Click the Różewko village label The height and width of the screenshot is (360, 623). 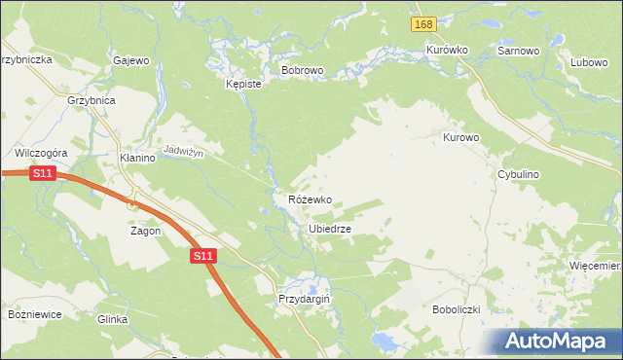(310, 199)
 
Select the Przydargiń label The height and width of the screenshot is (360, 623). (305, 300)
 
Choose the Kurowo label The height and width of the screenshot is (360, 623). (461, 138)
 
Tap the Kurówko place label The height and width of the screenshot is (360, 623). (448, 50)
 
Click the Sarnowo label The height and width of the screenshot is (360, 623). (518, 50)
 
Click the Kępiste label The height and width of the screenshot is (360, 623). (243, 85)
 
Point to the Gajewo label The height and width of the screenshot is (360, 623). (131, 60)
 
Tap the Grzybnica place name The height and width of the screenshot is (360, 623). (92, 100)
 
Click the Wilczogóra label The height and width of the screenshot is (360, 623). (40, 153)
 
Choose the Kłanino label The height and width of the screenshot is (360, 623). (137, 158)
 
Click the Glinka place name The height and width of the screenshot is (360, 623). (113, 318)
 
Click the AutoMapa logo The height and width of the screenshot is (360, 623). (559, 342)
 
